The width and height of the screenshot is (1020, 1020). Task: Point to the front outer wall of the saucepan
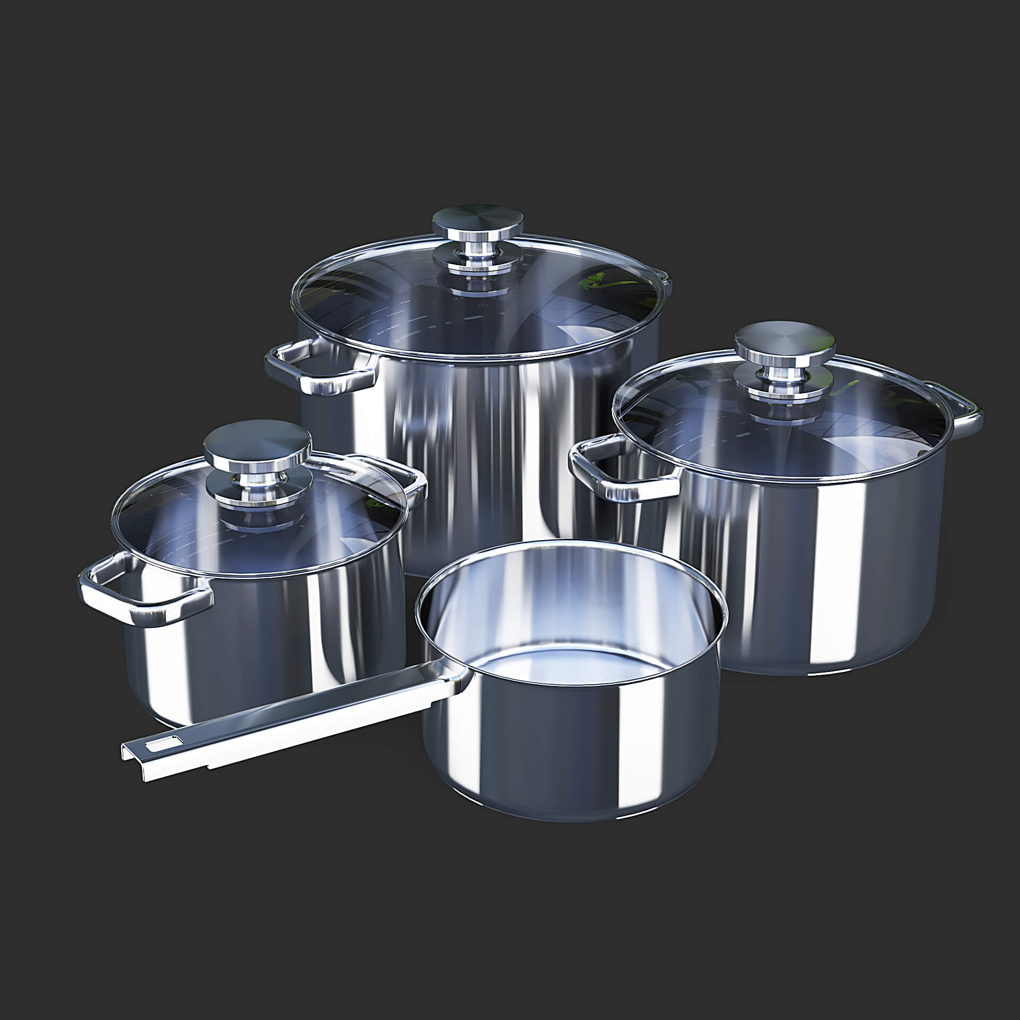(x=574, y=760)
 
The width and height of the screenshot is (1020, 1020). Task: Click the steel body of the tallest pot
(x=478, y=452)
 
